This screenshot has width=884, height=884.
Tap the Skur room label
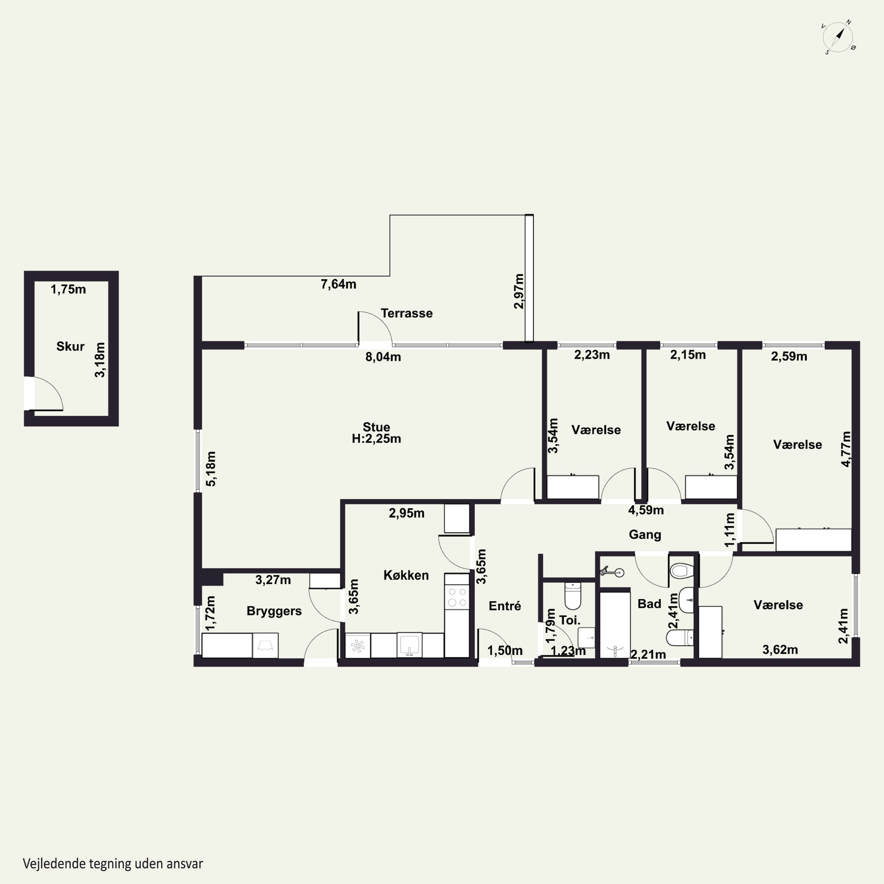click(70, 346)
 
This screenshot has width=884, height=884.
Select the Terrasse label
click(407, 314)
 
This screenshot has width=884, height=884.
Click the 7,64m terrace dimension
click(339, 284)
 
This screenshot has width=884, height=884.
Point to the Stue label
click(377, 427)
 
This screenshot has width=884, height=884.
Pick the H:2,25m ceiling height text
click(377, 439)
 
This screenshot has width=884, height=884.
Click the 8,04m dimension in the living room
click(383, 357)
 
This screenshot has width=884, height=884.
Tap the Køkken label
click(406, 575)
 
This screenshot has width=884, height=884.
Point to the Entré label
click(505, 606)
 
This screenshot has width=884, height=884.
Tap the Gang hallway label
click(645, 535)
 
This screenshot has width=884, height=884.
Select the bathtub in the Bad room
click(615, 625)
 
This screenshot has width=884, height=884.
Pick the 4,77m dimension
click(847, 449)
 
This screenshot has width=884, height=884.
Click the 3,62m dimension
click(780, 650)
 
